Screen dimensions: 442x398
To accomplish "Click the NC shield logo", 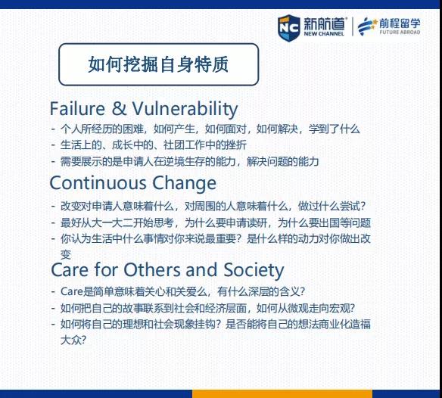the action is [x=288, y=28].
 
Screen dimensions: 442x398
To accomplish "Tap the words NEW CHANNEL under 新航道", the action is [x=324, y=33].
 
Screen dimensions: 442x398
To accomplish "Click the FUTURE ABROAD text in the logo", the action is [x=400, y=32].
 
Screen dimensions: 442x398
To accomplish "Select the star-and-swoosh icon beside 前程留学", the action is [x=367, y=26].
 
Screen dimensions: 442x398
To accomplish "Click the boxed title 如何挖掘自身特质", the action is [x=158, y=64].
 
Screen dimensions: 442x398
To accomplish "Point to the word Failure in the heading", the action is [x=77, y=108].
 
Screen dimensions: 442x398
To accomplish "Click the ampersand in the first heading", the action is [x=119, y=108].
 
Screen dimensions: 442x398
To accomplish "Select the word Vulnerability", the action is [x=185, y=110].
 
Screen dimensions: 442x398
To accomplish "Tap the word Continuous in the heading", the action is [x=98, y=183].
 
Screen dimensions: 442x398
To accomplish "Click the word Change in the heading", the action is [x=185, y=184].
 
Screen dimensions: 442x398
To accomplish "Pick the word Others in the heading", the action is [x=151, y=270].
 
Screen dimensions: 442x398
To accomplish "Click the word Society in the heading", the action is [x=254, y=271].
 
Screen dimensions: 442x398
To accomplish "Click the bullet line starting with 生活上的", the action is [x=154, y=145].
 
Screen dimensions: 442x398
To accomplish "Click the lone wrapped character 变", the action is [x=66, y=254].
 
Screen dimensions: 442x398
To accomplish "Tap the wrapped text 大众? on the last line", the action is [x=73, y=340].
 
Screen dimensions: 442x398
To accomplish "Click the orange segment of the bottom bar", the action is [x=282, y=393].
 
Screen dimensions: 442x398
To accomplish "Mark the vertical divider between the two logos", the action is [x=353, y=26].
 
